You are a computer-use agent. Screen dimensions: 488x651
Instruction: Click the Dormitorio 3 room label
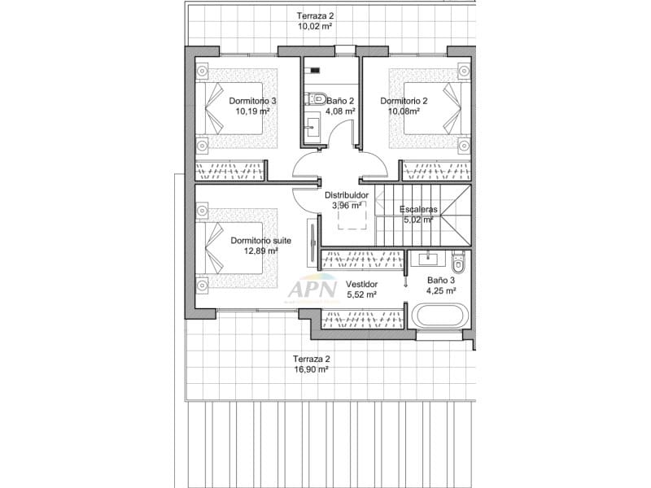(252, 101)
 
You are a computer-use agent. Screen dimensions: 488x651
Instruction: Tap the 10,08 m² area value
(404, 111)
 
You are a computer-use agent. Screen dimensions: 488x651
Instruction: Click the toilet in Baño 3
(458, 262)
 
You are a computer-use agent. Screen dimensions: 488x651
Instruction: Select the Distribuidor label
(347, 195)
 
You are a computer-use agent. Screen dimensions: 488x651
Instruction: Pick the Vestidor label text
(360, 284)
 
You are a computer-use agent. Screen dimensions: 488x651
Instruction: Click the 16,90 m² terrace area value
(311, 368)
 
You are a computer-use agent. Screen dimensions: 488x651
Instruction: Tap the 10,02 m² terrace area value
(315, 26)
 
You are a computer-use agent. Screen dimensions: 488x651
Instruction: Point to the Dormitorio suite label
(260, 240)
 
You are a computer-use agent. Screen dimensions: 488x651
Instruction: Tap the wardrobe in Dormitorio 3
(230, 171)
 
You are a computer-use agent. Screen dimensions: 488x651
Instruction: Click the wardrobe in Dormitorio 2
(436, 171)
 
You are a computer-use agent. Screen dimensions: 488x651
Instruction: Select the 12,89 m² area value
(261, 251)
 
